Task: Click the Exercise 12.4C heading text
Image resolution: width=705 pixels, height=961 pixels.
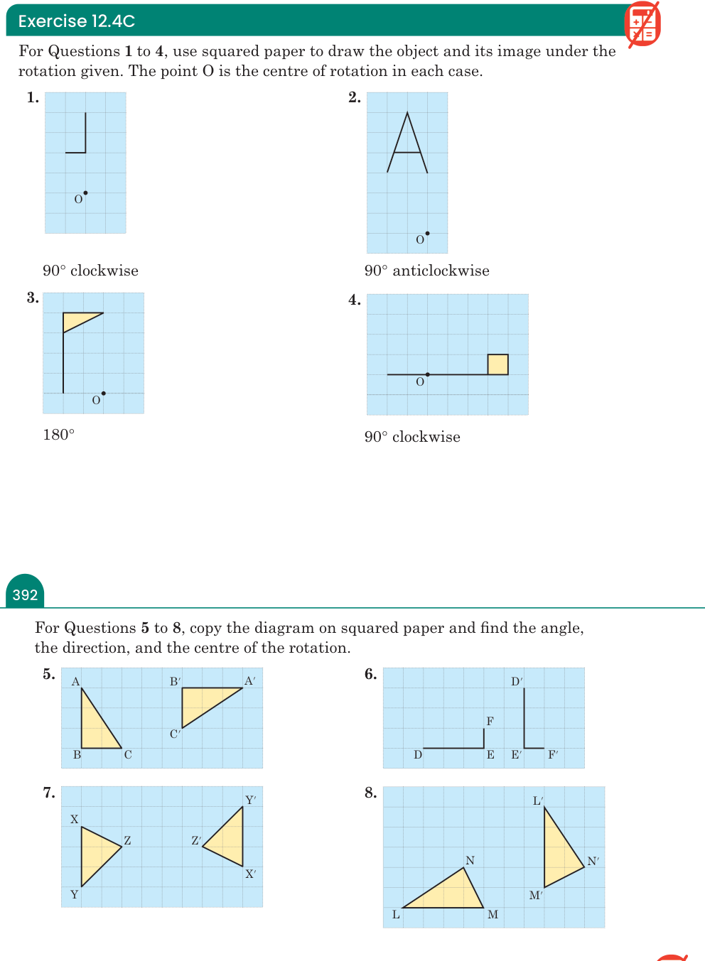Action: (x=77, y=21)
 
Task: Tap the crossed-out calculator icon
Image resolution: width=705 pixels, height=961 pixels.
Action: (x=642, y=23)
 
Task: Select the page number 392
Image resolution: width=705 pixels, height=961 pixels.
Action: (x=25, y=594)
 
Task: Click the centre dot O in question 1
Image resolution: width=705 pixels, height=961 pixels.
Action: (x=85, y=193)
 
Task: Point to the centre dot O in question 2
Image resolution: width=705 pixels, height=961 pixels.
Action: (x=427, y=234)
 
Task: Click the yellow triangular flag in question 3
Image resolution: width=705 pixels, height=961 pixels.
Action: (x=77, y=320)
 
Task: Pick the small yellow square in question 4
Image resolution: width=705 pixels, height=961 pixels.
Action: (x=498, y=364)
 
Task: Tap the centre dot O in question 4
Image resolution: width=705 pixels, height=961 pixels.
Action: (x=427, y=374)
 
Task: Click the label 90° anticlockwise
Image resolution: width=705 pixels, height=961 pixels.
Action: (x=427, y=271)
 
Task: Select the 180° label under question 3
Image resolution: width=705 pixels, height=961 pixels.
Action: (x=59, y=435)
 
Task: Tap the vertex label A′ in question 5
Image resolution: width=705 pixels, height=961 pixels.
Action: (x=250, y=681)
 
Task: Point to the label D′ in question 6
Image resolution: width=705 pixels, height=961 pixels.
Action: (x=517, y=681)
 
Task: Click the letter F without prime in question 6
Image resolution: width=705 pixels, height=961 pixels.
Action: (x=490, y=721)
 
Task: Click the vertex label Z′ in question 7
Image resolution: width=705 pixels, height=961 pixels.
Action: (x=196, y=840)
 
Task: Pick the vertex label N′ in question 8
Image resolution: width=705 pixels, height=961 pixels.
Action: (x=593, y=861)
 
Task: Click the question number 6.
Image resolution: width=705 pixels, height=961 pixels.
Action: (x=370, y=674)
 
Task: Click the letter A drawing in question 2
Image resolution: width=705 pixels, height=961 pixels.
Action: (x=407, y=143)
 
